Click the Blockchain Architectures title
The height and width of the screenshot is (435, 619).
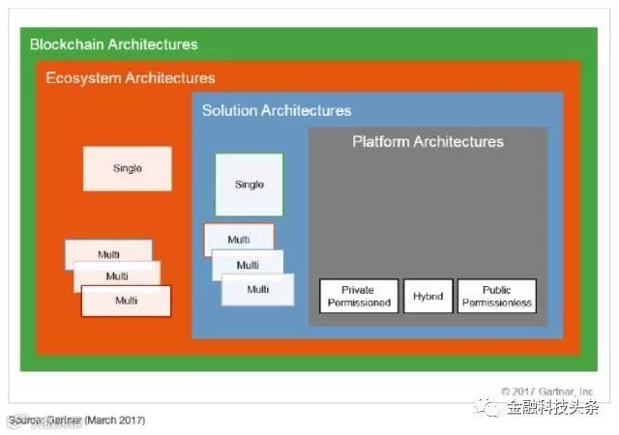pos(113,44)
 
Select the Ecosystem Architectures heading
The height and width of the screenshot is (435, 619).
pos(131,77)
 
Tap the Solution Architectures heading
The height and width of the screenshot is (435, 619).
pos(276,110)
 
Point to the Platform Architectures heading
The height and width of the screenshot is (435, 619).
pos(427,142)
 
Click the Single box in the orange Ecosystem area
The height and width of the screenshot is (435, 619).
pos(127,168)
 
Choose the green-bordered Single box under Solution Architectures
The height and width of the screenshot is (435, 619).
pos(249,184)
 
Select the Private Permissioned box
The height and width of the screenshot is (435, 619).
pos(357,296)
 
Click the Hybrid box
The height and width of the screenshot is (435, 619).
pos(427,296)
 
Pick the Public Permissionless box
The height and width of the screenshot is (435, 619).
pos(496,296)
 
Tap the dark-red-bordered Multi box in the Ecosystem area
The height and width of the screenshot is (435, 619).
pos(126,301)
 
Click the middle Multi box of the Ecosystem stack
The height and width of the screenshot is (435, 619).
pos(117,276)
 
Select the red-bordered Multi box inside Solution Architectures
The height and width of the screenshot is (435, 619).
pos(238,239)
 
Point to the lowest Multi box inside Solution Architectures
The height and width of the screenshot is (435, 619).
pos(258,289)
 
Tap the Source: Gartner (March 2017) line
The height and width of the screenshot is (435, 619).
pos(77,420)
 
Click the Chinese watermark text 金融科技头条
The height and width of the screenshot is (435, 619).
pos(554,408)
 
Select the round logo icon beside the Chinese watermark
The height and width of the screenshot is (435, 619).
pos(492,407)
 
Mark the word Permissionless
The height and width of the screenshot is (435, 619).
pos(496,303)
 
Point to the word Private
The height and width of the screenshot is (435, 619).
pos(357,289)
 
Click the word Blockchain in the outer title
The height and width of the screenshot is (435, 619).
pos(67,44)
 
